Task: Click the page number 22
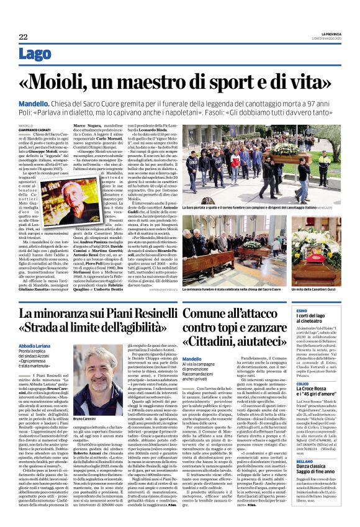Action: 22,37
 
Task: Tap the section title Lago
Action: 35,55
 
